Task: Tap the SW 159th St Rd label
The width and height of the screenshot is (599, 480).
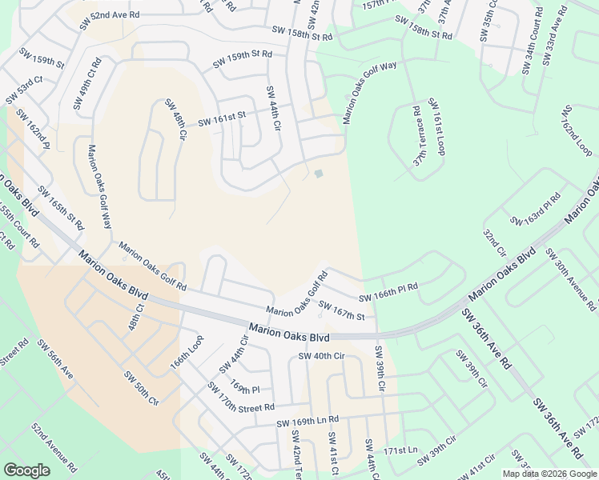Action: point(243,59)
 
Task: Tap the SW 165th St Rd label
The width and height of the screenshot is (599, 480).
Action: point(61,209)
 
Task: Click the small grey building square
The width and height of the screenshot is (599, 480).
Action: point(319,174)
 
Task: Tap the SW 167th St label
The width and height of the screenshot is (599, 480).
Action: point(342,310)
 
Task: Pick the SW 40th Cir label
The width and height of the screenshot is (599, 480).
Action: point(320,356)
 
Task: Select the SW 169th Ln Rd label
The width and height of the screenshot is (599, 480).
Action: point(308,421)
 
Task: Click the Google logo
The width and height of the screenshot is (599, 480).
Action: point(26,470)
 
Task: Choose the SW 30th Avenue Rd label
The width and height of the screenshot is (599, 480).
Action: point(570,279)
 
